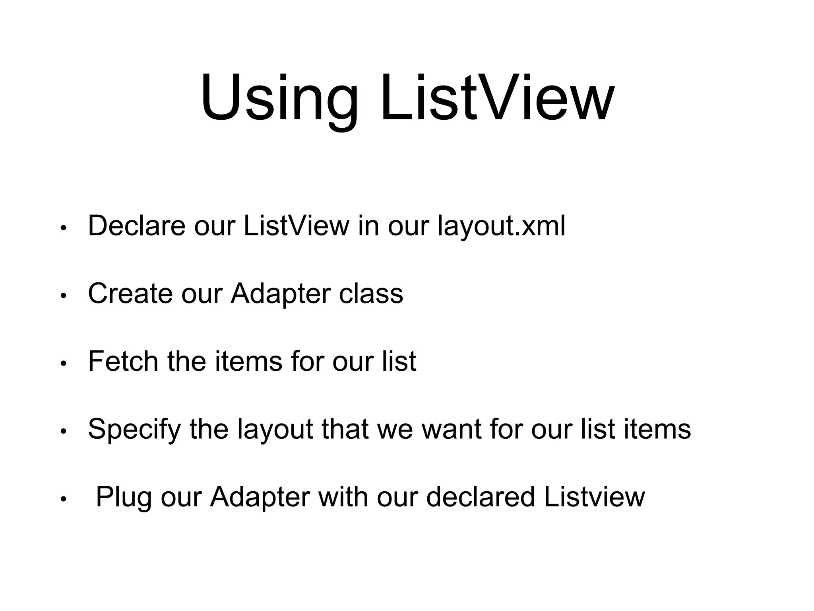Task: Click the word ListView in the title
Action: [x=497, y=97]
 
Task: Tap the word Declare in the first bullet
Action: [x=136, y=226]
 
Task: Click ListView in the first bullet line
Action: [x=296, y=226]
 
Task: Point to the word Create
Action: [x=130, y=294]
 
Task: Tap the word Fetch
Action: [x=123, y=361]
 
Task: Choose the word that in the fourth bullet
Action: [x=345, y=429]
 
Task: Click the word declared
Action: [x=480, y=497]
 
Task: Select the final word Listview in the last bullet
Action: [x=595, y=497]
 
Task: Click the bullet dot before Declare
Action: [x=63, y=229]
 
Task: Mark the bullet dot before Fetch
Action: [x=63, y=364]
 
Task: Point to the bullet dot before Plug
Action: [x=63, y=500]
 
